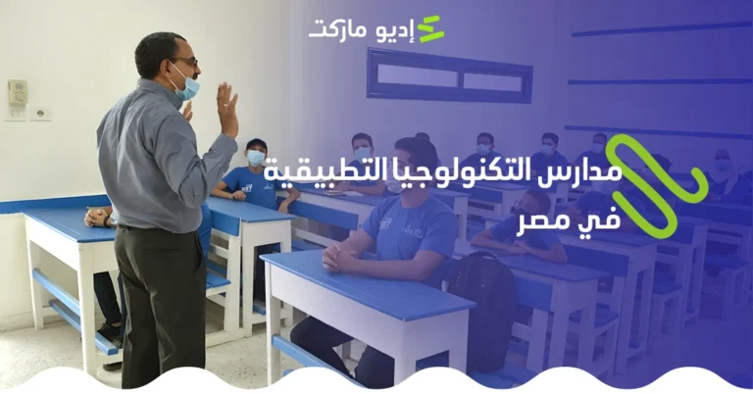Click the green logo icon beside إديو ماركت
[430, 30]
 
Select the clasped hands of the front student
[338, 257]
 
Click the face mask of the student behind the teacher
[256, 157]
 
